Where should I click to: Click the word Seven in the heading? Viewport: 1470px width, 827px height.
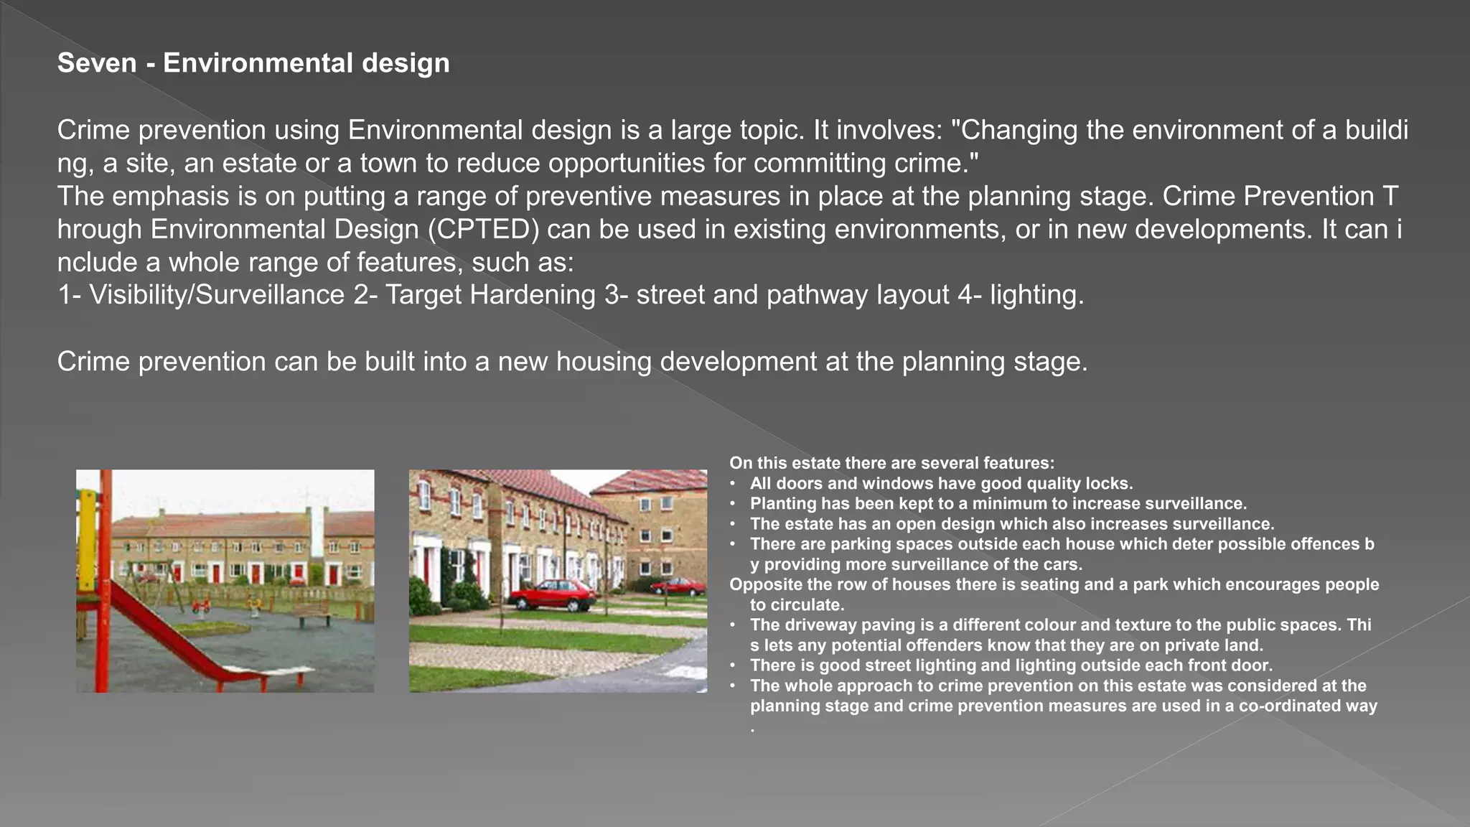[97, 63]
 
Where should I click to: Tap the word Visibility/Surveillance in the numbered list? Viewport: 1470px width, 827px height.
[217, 295]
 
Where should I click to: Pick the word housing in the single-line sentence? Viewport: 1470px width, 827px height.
[604, 362]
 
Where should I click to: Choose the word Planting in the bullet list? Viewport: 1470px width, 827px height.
[780, 504]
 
